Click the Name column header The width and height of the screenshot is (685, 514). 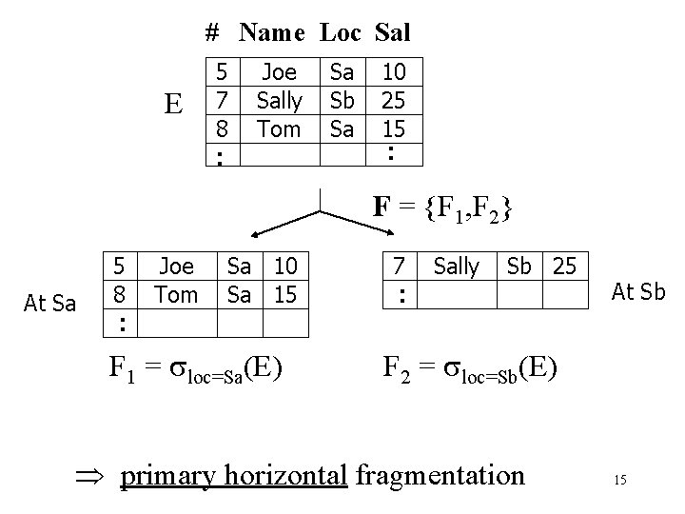pos(272,33)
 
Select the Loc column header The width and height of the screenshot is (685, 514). pos(340,33)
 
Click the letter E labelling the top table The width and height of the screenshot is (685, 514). pos(173,103)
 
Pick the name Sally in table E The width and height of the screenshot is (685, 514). pos(279,101)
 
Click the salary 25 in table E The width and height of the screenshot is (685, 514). pos(392,101)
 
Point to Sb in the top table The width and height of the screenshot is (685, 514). pos(342,101)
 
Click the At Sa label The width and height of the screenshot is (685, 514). pos(49,304)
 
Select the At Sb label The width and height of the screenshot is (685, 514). pos(638,292)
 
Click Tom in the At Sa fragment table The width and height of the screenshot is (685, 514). pos(175,295)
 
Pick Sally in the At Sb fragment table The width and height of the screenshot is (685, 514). pos(457,267)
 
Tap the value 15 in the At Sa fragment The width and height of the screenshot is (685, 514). pos(285,295)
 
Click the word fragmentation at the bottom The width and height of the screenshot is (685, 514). pos(440,474)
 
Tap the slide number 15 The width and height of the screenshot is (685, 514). pos(619,481)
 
